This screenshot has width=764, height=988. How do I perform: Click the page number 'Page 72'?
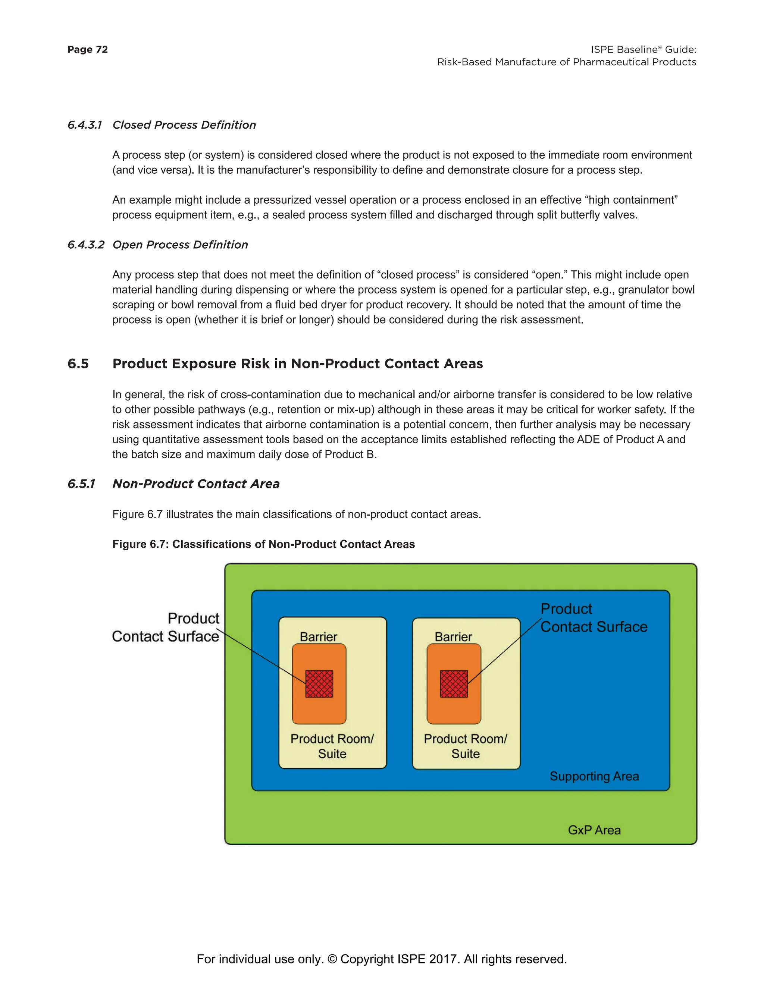(87, 49)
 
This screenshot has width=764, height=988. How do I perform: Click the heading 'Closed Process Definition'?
(184, 125)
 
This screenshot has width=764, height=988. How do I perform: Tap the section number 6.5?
(78, 364)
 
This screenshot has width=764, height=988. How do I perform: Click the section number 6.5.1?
(81, 484)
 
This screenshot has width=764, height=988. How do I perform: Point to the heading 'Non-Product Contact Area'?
(195, 484)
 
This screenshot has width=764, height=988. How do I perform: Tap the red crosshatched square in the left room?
(319, 683)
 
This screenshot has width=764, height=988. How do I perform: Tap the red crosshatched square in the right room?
(454, 683)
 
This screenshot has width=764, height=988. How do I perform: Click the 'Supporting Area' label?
(594, 776)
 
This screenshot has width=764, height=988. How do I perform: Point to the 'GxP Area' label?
(594, 830)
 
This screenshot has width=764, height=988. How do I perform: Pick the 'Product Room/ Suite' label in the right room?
(465, 746)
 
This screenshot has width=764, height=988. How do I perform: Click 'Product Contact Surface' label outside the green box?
(166, 627)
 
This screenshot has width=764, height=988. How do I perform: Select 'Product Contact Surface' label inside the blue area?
(594, 618)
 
